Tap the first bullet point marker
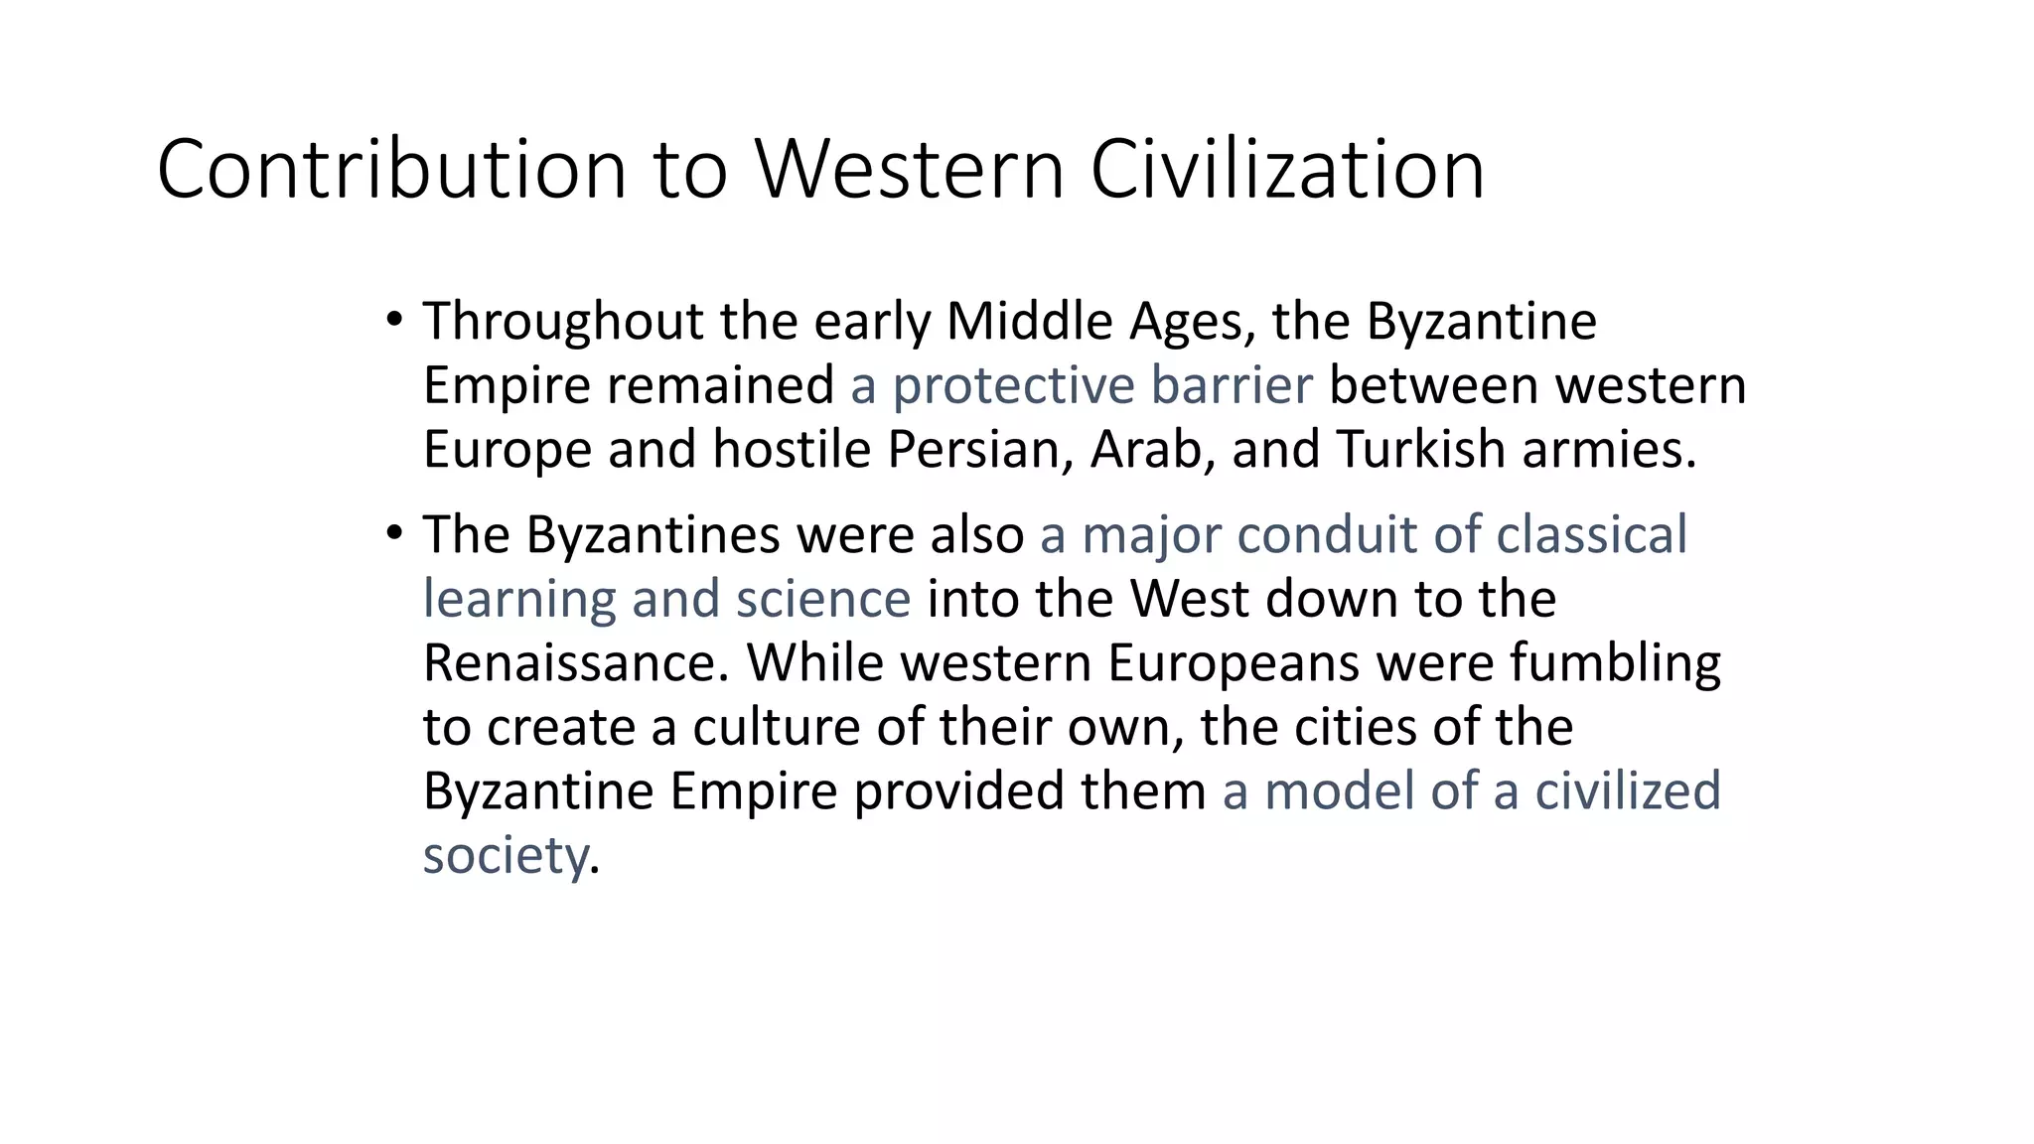394,320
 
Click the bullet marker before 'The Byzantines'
394,533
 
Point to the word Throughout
563,322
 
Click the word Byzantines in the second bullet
654,535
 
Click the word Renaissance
576,662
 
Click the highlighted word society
505,855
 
